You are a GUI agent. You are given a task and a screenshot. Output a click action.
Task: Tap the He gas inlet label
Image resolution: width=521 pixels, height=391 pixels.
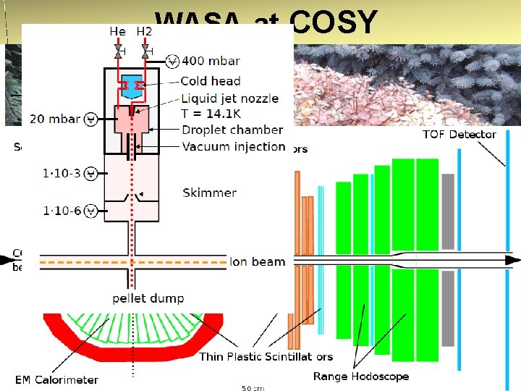point(117,31)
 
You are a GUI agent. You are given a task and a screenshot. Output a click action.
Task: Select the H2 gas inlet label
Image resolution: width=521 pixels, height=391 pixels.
point(145,31)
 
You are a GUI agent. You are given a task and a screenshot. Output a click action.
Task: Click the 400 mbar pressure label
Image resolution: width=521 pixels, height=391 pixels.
point(211,61)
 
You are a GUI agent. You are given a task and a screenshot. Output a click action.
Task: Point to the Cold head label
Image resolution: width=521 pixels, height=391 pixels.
point(211,80)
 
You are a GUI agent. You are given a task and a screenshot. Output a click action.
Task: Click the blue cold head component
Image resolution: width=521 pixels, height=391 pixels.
point(132,85)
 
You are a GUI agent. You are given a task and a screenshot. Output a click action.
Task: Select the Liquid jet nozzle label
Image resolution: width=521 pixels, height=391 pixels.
point(229,98)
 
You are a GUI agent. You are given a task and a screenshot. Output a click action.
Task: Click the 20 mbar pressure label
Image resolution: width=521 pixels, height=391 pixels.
point(55,118)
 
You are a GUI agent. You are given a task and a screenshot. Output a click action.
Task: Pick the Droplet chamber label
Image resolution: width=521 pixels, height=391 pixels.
point(232,130)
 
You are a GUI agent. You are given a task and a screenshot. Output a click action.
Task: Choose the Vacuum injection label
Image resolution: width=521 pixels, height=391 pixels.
point(234,146)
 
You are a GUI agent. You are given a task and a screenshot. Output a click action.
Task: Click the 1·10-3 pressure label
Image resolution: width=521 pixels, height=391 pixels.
point(62,174)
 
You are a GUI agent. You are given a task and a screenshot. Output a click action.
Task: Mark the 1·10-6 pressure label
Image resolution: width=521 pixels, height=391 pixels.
point(62,211)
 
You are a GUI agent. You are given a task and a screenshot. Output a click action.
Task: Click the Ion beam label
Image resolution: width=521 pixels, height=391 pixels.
point(258,261)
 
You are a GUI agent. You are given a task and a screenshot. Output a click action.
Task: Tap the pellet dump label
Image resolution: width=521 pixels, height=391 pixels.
point(148,298)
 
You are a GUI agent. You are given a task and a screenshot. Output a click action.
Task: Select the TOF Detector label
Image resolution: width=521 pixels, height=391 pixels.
point(459,134)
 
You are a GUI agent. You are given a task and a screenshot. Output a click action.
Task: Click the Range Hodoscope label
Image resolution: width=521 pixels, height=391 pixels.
point(360,376)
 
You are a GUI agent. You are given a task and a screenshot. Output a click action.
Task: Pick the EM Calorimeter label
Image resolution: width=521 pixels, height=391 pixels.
point(56,379)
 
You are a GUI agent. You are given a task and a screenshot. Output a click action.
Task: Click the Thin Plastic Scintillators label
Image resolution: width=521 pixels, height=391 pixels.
point(266,356)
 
